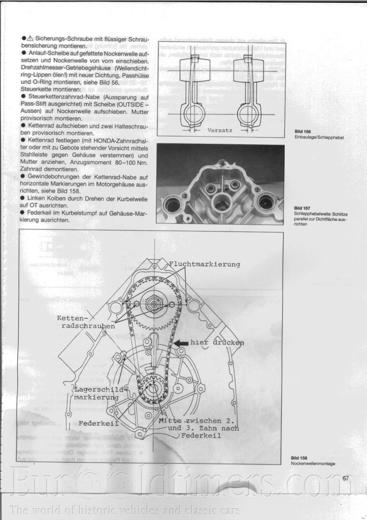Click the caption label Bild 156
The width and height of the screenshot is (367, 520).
(303, 132)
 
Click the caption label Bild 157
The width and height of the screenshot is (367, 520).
(303, 208)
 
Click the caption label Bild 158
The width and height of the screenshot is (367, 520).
(299, 458)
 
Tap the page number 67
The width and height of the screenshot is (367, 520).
(346, 478)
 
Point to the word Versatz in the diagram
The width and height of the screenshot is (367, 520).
(220, 131)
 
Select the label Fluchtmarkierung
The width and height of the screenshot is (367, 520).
(205, 264)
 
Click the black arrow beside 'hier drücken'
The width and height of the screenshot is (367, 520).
(181, 343)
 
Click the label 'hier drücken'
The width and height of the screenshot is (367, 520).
(217, 343)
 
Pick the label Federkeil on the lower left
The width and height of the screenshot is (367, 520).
(98, 423)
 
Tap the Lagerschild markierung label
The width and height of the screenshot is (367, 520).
(96, 393)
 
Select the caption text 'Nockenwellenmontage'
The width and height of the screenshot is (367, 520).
(313, 464)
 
